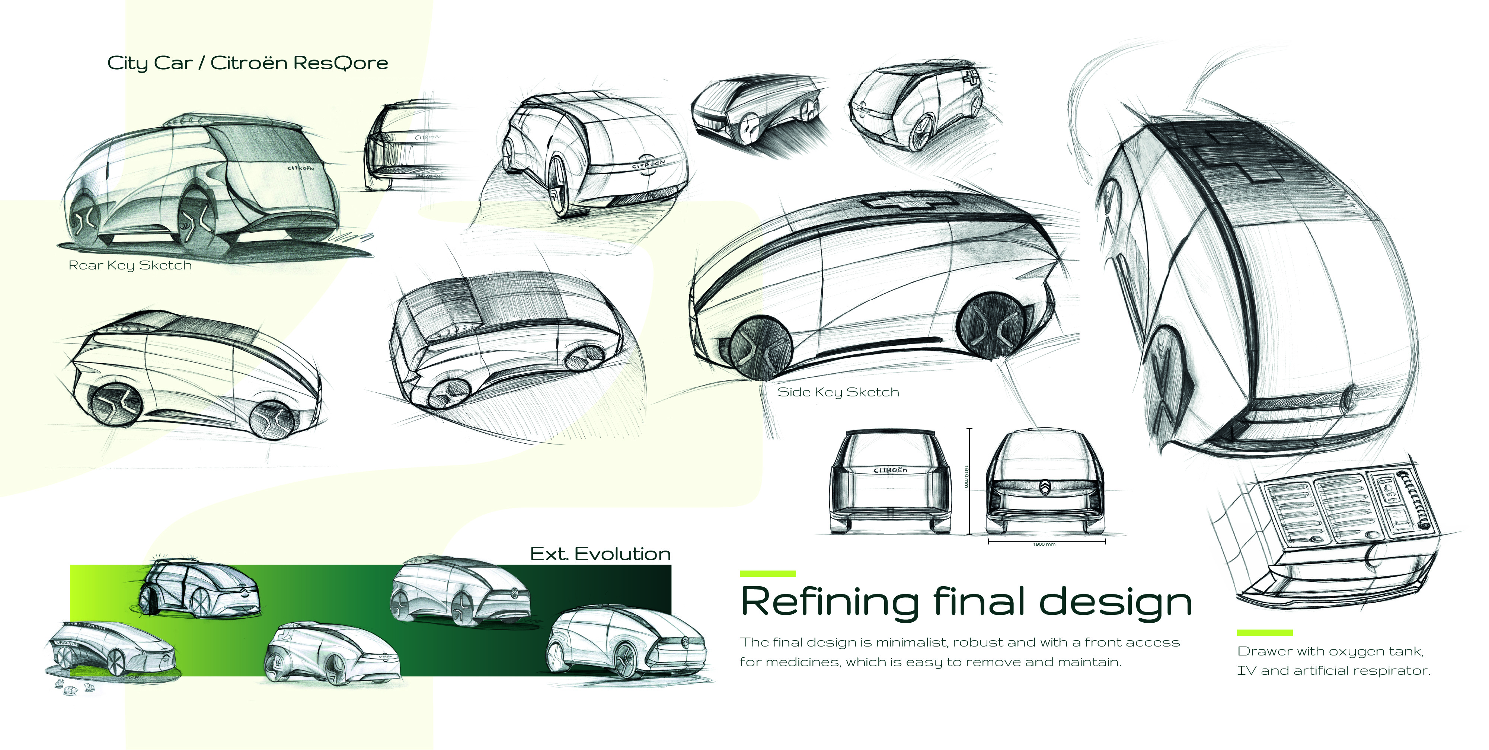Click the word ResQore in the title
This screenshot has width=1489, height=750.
[341, 63]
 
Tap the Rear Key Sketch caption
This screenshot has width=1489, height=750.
[130, 265]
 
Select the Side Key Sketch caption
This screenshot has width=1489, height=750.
[838, 392]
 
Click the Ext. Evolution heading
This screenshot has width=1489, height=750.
[600, 554]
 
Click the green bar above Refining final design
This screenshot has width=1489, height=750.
[768, 574]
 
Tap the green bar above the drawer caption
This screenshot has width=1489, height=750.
[1264, 633]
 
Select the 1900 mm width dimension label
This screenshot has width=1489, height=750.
[1044, 544]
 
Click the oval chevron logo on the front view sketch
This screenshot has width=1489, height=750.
[1046, 488]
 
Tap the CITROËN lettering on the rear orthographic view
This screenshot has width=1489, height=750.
[890, 470]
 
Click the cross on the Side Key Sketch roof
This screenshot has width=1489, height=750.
[910, 202]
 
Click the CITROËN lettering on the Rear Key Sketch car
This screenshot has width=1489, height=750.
[301, 168]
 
